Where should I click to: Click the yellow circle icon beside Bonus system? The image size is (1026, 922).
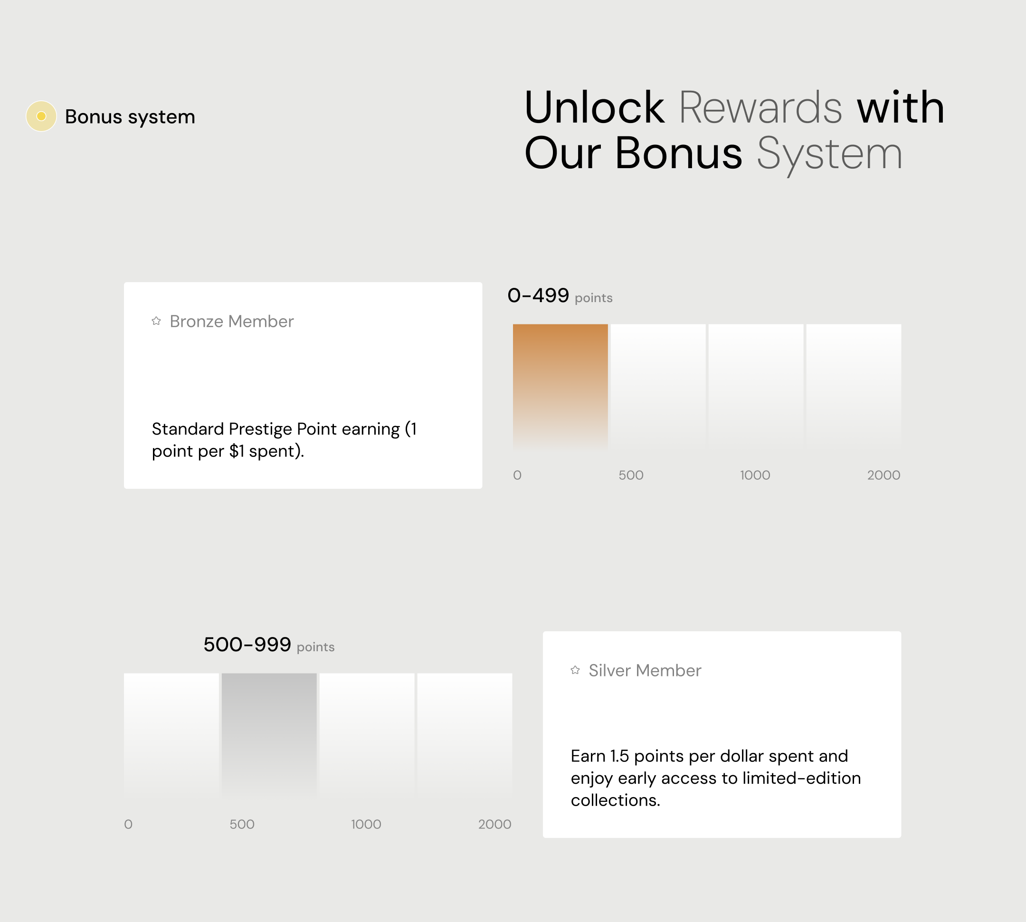pyautogui.click(x=41, y=116)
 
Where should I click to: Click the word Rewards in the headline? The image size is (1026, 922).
pyautogui.click(x=760, y=107)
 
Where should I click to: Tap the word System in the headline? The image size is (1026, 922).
pyautogui.click(x=829, y=154)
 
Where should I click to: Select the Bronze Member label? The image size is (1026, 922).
pyautogui.click(x=231, y=321)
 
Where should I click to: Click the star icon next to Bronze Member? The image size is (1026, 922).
pyautogui.click(x=156, y=321)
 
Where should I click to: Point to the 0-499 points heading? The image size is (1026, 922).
pyautogui.click(x=560, y=296)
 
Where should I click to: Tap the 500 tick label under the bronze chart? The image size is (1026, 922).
pyautogui.click(x=631, y=475)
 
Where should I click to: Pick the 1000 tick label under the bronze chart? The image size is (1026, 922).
pyautogui.click(x=755, y=475)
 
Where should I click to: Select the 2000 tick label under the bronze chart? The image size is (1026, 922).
pyautogui.click(x=883, y=475)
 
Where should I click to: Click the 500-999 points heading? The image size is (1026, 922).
pyautogui.click(x=269, y=645)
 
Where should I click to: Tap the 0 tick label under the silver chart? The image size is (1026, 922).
pyautogui.click(x=128, y=824)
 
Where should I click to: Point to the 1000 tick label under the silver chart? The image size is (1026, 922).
pyautogui.click(x=366, y=824)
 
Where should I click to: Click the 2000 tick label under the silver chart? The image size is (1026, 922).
pyautogui.click(x=494, y=824)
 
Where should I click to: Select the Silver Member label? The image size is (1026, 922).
pyautogui.click(x=645, y=670)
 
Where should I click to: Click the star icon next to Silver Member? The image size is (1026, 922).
pyautogui.click(x=575, y=670)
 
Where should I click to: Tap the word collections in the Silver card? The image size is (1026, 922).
pyautogui.click(x=616, y=800)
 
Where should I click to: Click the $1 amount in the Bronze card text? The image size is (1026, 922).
pyautogui.click(x=237, y=451)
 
